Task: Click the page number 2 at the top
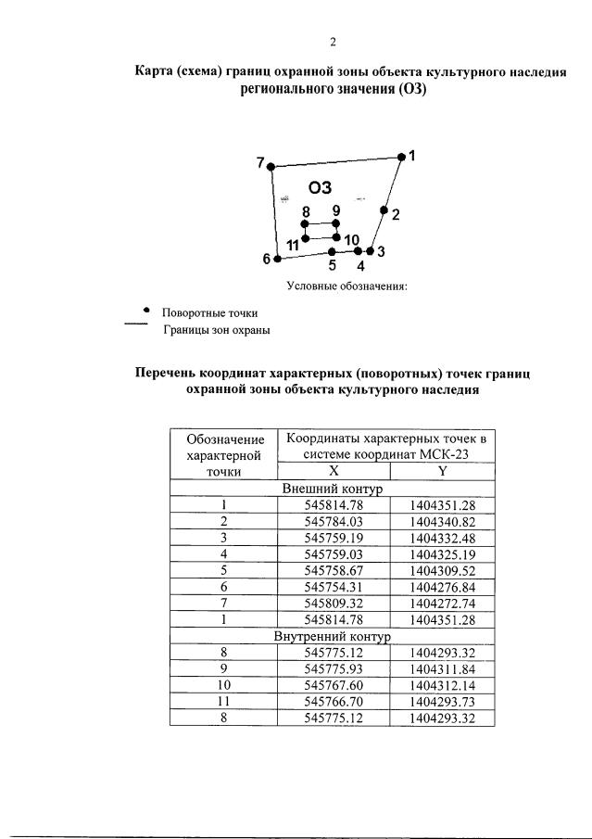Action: [332, 42]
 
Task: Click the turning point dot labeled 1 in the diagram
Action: [401, 157]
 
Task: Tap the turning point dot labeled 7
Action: [271, 166]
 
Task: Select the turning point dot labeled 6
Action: [277, 259]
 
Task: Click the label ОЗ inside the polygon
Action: [320, 187]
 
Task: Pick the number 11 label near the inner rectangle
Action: [292, 245]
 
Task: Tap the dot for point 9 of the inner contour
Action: [336, 223]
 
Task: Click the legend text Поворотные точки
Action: [209, 313]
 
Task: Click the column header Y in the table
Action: [442, 471]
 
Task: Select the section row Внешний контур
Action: [332, 489]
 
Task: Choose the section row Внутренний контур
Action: [332, 639]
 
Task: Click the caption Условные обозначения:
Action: [346, 286]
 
